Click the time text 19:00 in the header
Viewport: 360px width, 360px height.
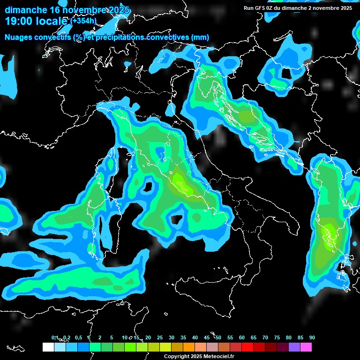coord(19,21)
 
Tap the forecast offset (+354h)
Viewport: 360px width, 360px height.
coord(83,21)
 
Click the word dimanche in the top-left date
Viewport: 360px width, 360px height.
coord(25,10)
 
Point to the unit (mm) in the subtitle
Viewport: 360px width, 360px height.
coord(201,37)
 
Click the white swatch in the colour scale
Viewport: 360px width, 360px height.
coord(48,347)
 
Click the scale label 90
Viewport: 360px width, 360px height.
coord(312,337)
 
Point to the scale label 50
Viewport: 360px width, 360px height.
coord(218,337)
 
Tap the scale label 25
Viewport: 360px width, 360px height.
coord(160,337)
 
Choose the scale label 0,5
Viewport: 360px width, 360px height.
coord(78,337)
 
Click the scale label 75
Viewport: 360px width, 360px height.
coord(277,337)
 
